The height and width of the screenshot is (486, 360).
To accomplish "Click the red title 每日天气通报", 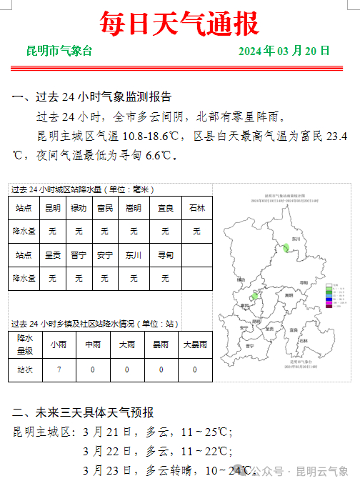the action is pyautogui.click(x=179, y=24).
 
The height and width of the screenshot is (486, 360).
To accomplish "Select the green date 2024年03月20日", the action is pyautogui.click(x=284, y=51).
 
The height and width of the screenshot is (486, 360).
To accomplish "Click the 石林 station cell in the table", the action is pyautogui.click(x=196, y=208).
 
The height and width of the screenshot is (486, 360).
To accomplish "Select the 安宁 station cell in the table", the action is pyautogui.click(x=105, y=255).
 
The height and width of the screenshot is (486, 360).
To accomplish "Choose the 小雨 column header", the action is pyautogui.click(x=59, y=344).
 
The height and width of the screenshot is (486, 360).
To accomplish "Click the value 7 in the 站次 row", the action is pyautogui.click(x=59, y=370).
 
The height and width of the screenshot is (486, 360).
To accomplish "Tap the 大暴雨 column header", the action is pyautogui.click(x=195, y=344).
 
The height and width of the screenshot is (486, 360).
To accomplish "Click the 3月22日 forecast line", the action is pyautogui.click(x=157, y=451).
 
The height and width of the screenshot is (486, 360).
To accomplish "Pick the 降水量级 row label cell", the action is pyautogui.click(x=25, y=344).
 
